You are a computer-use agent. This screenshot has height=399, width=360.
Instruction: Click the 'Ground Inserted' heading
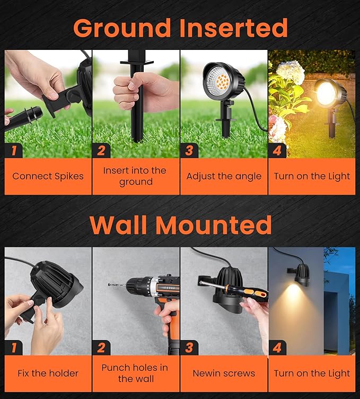[180, 27]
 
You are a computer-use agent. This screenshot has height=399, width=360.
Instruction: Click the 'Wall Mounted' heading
[180, 224]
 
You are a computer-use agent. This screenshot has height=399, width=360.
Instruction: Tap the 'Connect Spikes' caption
[48, 176]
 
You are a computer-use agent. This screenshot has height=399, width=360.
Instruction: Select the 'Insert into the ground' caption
[135, 176]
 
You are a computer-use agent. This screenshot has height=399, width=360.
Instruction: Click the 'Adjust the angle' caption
[224, 176]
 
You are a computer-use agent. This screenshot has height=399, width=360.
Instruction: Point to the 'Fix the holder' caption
[48, 374]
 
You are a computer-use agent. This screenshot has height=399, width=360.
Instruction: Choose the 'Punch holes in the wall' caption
[135, 374]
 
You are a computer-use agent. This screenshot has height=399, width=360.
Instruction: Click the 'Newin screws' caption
[224, 374]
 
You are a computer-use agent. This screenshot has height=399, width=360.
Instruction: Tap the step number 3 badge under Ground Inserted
[189, 150]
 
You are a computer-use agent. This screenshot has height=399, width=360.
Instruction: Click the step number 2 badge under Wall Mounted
[101, 348]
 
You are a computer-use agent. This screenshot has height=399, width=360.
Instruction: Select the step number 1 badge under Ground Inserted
[13, 150]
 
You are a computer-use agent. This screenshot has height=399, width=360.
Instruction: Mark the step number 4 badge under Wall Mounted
[277, 348]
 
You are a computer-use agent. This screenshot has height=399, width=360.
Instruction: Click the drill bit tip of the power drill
[112, 285]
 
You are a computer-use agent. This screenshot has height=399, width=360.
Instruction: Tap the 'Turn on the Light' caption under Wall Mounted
[312, 374]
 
